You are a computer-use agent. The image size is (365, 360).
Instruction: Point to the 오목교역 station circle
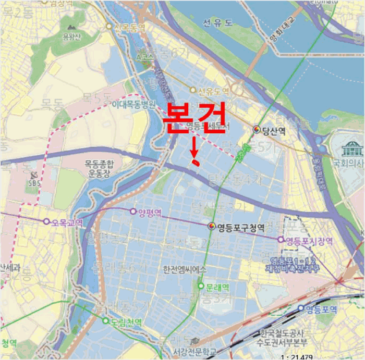(46, 221)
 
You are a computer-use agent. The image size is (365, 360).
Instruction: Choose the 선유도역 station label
(213, 91)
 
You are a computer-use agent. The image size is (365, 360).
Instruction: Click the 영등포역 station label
(321, 308)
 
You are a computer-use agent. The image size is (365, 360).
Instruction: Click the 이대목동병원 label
(133, 104)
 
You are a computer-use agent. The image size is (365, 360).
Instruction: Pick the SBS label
(35, 183)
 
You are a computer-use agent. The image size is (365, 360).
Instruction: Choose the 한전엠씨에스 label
(185, 269)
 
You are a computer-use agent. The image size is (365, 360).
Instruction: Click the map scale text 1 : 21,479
(342, 356)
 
